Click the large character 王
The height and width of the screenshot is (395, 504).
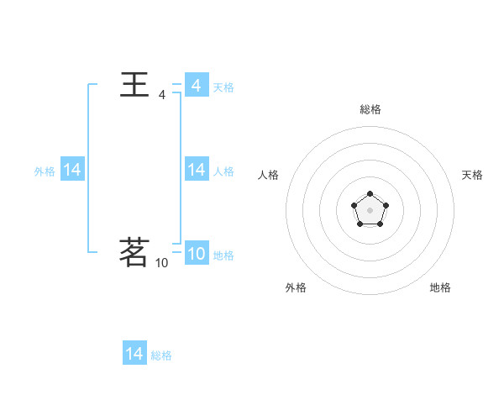(x=135, y=85)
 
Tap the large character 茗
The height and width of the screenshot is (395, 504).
(x=135, y=252)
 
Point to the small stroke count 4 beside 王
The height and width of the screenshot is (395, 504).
(x=162, y=96)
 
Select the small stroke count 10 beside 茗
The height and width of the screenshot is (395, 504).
(x=162, y=263)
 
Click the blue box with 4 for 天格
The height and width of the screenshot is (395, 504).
(x=197, y=86)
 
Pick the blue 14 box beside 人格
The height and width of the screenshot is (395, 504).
(x=197, y=170)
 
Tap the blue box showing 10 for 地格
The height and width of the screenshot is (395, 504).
(x=197, y=254)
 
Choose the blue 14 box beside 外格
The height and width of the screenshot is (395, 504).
(x=72, y=170)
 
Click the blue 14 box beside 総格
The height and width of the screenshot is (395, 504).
(x=134, y=354)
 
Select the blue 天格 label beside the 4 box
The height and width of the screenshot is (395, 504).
(x=223, y=87)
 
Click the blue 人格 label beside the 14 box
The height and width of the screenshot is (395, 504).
(x=223, y=171)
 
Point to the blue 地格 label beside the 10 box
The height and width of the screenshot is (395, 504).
(x=223, y=255)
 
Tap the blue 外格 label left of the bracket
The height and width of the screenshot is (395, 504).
(x=45, y=171)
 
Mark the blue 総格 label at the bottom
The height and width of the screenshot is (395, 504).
(x=161, y=355)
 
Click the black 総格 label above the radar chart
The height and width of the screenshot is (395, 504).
(x=370, y=109)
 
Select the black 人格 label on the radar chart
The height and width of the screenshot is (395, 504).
(x=269, y=175)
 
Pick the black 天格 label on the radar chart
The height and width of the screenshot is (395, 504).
(x=472, y=175)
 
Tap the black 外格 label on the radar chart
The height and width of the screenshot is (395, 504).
(x=296, y=287)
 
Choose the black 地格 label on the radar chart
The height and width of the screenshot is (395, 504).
(x=440, y=287)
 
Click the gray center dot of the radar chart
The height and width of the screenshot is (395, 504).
(x=370, y=209)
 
